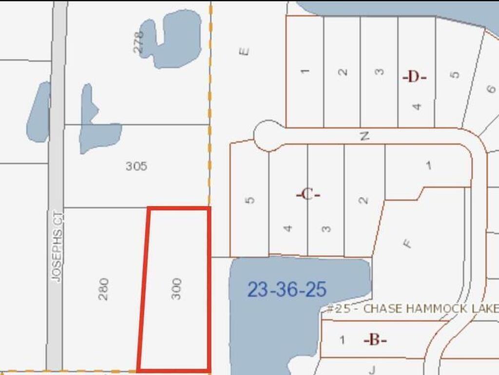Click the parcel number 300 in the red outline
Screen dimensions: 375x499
pos(176,289)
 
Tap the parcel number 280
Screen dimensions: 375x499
pos(103,289)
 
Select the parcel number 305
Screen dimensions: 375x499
pos(136,166)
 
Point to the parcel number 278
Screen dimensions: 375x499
pos(139,42)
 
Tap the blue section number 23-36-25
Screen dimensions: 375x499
pos(287,290)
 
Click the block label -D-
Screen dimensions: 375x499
pos(414,77)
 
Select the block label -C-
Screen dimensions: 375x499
pos(308,194)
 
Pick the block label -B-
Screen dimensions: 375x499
pos(375,340)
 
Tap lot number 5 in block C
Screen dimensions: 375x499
pos(250,200)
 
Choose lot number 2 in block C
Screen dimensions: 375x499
pos(364,200)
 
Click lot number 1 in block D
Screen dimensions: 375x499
pos(305,71)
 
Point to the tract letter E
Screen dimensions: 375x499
pos(245,51)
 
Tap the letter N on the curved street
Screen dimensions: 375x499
pos(365,136)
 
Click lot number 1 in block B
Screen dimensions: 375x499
pos(343,340)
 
